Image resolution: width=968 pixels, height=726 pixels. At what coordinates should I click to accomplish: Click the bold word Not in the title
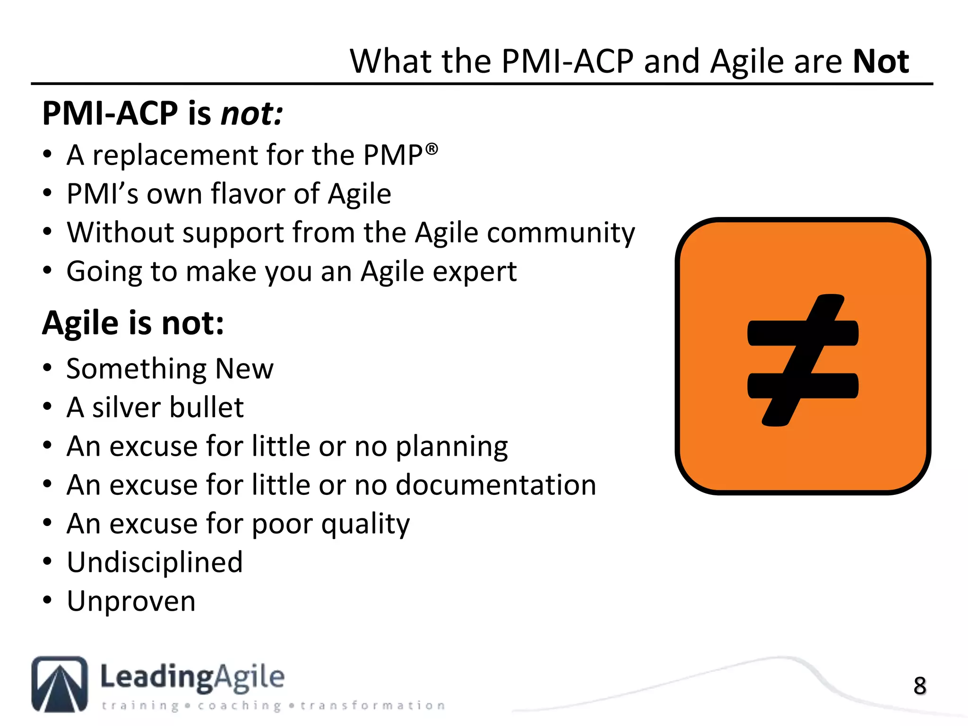tap(881, 61)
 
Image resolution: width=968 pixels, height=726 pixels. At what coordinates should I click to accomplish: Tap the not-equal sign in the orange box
tap(803, 360)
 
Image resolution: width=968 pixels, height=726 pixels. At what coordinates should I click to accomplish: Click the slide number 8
tap(919, 686)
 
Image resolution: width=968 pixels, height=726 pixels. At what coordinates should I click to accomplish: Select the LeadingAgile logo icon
tap(60, 684)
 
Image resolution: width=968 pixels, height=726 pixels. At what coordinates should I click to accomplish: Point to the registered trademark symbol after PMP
tap(432, 149)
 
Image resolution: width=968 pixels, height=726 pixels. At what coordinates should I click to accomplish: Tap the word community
tap(561, 233)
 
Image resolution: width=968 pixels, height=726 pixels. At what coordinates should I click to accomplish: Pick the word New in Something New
tap(244, 369)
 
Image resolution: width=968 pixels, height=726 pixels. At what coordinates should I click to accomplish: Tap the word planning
tap(451, 447)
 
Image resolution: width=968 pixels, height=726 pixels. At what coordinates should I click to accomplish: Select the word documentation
tap(496, 485)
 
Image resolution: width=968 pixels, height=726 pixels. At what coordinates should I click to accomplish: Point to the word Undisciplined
tap(155, 562)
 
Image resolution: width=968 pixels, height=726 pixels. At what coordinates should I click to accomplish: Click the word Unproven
tap(131, 601)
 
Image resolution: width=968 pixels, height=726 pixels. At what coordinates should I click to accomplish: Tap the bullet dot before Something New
tap(47, 368)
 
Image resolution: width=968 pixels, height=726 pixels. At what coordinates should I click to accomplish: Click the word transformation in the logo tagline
tap(372, 706)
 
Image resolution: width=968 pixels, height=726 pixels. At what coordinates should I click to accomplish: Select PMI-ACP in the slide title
tap(567, 61)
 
